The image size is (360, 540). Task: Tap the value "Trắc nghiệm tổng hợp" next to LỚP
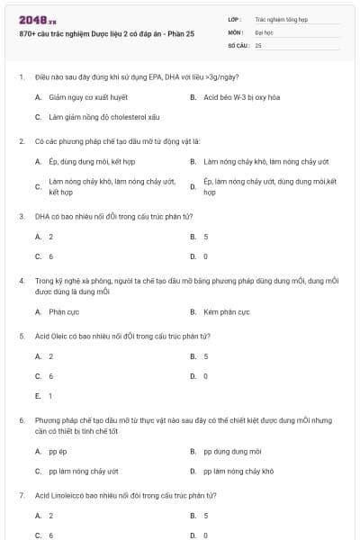coord(281,18)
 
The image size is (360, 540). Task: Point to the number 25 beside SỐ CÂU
coord(258,44)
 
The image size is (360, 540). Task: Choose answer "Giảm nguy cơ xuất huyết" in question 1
coord(88,96)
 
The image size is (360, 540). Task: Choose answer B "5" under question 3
coord(206,236)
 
